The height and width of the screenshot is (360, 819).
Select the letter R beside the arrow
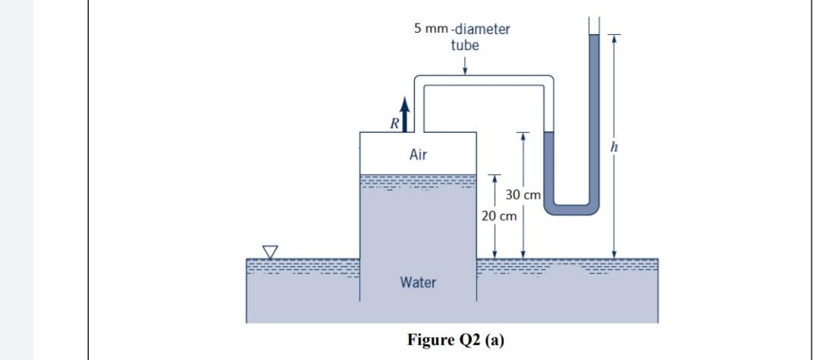tap(393, 122)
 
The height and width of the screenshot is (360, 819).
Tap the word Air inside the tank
tap(418, 155)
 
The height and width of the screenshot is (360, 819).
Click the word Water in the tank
tap(418, 283)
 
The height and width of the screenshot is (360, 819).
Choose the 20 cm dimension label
tap(499, 216)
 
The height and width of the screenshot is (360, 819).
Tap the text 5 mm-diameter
tap(462, 30)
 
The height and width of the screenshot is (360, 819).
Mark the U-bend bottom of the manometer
tap(572, 203)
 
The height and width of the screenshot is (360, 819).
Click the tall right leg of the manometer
tap(594, 114)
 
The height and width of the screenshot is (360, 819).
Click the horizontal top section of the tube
tap(485, 80)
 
